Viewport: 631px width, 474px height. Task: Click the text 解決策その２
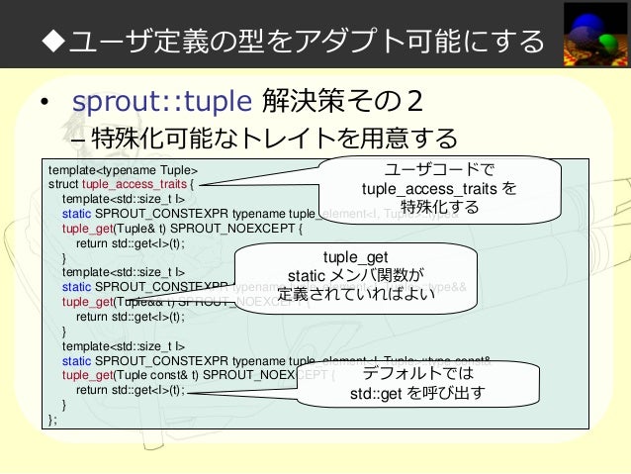click(344, 102)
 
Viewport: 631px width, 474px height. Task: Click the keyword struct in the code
click(63, 182)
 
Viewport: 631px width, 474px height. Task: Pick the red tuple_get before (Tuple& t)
click(88, 226)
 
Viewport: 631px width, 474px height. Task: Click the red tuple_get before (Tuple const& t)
click(88, 375)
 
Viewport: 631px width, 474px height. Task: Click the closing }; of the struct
click(52, 419)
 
